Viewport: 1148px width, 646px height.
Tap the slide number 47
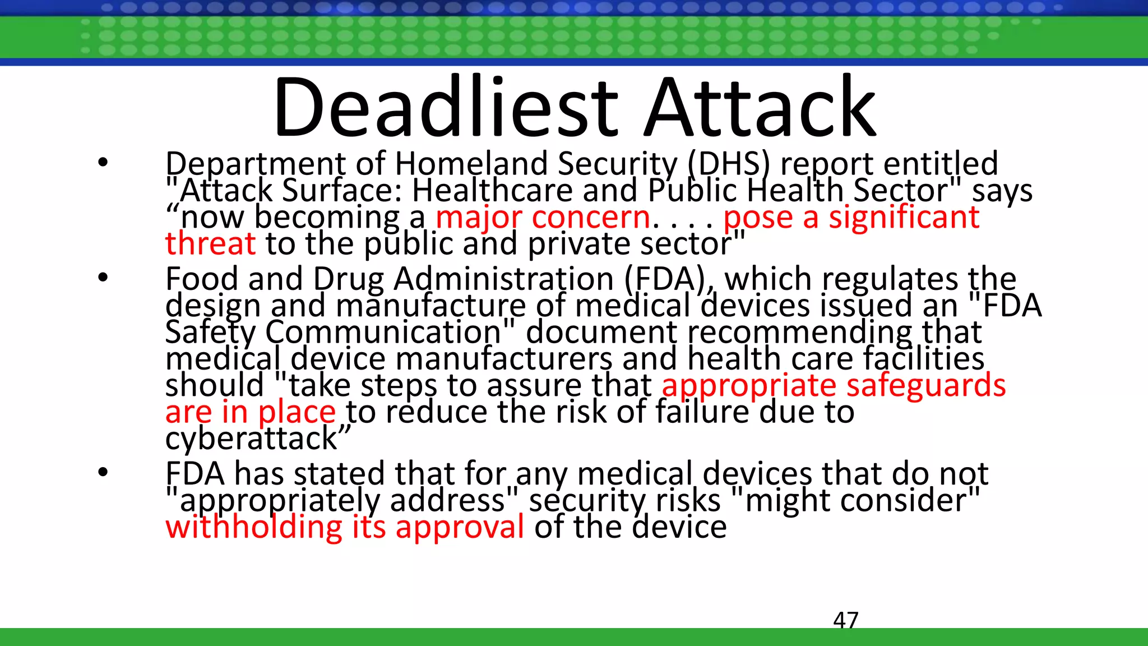click(x=845, y=620)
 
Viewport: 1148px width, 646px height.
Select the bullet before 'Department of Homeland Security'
click(x=102, y=163)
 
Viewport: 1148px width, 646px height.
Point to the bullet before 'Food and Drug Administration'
click(x=102, y=278)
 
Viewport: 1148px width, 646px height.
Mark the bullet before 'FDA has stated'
click(x=102, y=472)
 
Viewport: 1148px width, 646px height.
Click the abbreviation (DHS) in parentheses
click(x=729, y=164)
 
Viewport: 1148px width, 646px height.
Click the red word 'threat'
click(x=210, y=243)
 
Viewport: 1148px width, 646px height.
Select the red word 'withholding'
click(x=253, y=527)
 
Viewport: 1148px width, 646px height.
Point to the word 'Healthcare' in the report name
click(x=492, y=191)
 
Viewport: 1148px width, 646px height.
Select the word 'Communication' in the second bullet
click(x=383, y=332)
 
